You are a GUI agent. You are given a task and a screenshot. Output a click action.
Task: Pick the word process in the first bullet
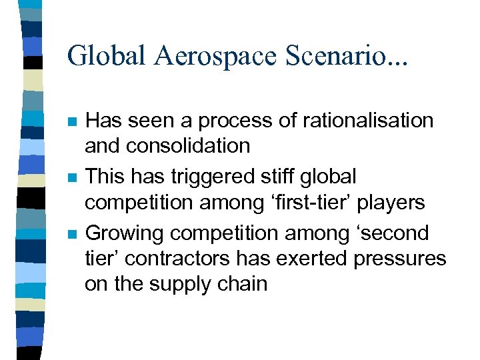click(x=227, y=121)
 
